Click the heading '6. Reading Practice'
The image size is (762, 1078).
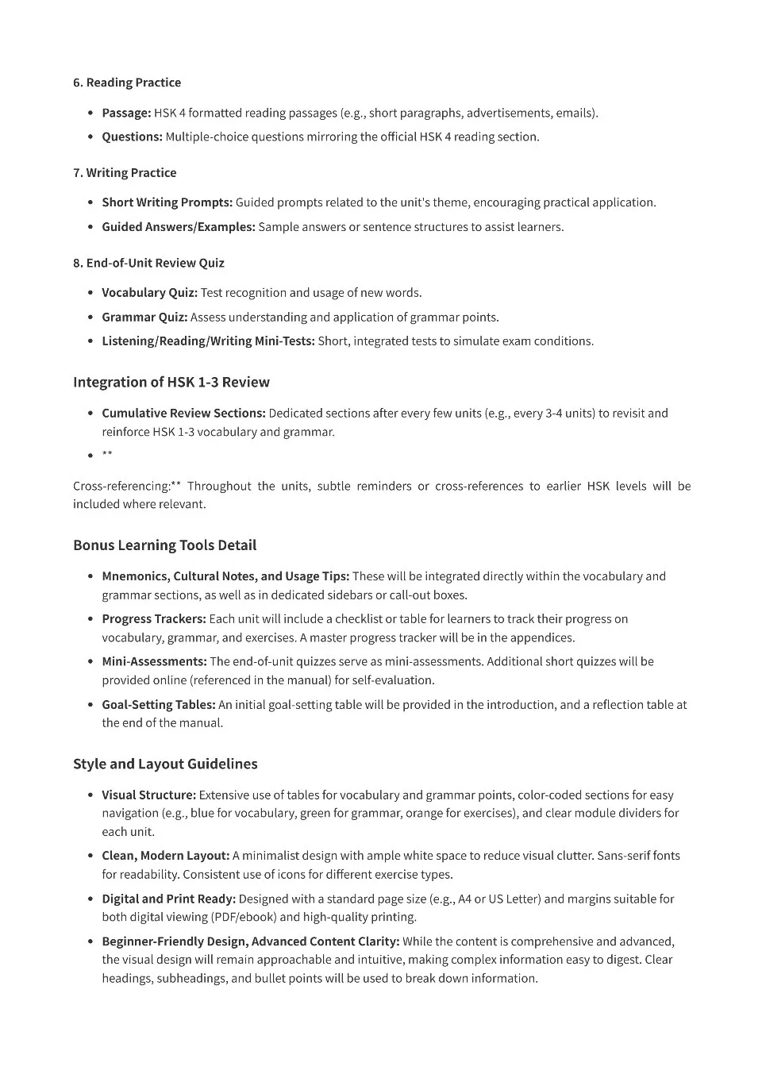(127, 83)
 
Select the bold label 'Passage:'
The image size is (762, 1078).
(126, 113)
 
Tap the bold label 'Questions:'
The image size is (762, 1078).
(132, 137)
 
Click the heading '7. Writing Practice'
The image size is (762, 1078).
(125, 173)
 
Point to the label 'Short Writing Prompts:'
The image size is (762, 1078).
(167, 202)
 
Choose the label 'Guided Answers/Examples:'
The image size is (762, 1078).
(178, 227)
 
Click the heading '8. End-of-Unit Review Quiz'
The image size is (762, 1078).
(148, 263)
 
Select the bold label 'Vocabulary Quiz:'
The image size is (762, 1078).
(149, 293)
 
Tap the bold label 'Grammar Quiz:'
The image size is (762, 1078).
(144, 318)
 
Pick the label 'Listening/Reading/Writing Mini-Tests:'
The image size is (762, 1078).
(208, 341)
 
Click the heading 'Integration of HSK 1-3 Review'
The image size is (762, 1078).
(171, 383)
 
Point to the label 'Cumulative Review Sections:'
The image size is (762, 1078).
(183, 414)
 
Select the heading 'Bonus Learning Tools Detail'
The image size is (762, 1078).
(164, 545)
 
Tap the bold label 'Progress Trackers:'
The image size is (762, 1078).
(153, 619)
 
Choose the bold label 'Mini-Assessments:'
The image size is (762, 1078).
(154, 662)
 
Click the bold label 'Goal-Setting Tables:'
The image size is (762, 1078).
(158, 705)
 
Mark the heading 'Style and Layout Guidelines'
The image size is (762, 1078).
(165, 764)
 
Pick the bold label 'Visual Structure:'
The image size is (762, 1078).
(148, 795)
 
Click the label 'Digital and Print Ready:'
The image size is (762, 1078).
(168, 899)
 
